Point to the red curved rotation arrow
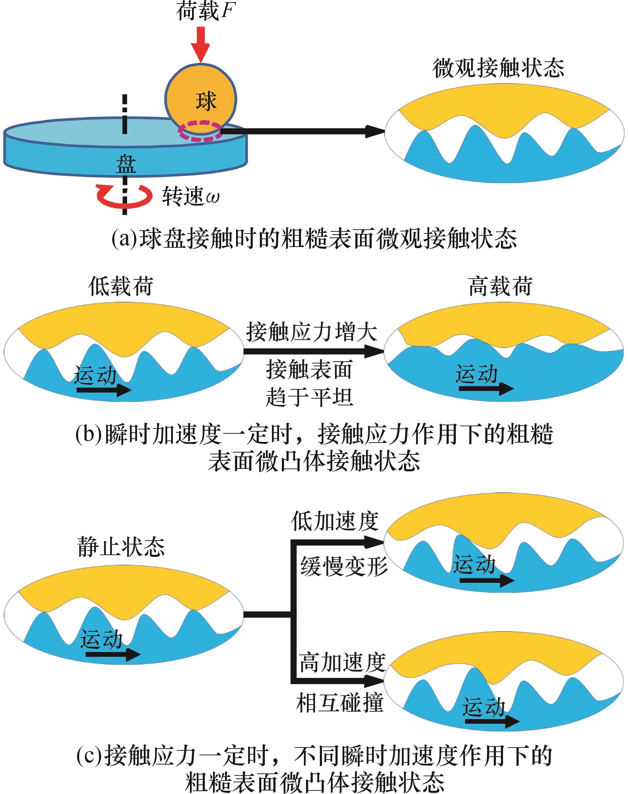click(x=124, y=197)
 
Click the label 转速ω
click(x=190, y=196)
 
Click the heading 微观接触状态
click(x=498, y=69)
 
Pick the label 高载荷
click(x=501, y=286)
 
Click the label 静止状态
click(x=121, y=547)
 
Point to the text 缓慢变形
click(x=344, y=566)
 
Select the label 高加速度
click(x=342, y=663)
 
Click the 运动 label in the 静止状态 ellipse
click(x=102, y=639)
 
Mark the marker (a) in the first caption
click(x=125, y=239)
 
